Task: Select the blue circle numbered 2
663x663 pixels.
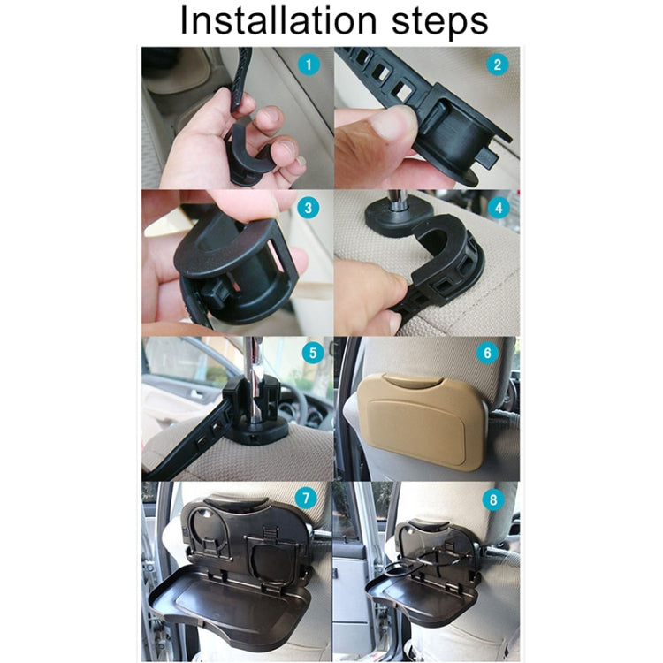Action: (x=498, y=65)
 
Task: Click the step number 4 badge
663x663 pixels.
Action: (x=499, y=210)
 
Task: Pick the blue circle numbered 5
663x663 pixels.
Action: (x=309, y=353)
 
